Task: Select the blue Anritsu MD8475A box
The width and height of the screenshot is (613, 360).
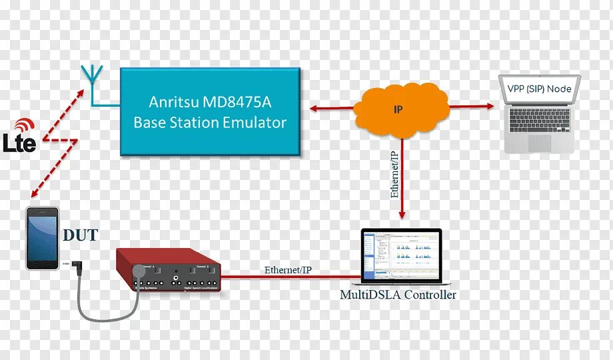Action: (210, 113)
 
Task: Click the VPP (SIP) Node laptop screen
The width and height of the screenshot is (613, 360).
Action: (540, 89)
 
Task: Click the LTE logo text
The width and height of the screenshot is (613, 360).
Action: (19, 143)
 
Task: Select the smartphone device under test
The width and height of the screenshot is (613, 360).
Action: (42, 238)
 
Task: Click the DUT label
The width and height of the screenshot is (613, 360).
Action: (81, 235)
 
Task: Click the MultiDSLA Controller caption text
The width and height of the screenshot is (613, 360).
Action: (398, 295)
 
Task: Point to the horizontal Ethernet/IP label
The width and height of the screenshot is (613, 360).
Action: (288, 270)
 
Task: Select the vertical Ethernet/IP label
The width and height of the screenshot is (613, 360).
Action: (394, 175)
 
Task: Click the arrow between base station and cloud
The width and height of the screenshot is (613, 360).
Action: (330, 107)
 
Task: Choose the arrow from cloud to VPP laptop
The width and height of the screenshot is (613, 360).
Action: (470, 106)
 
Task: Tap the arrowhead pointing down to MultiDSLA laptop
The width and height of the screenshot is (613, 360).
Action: (402, 215)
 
